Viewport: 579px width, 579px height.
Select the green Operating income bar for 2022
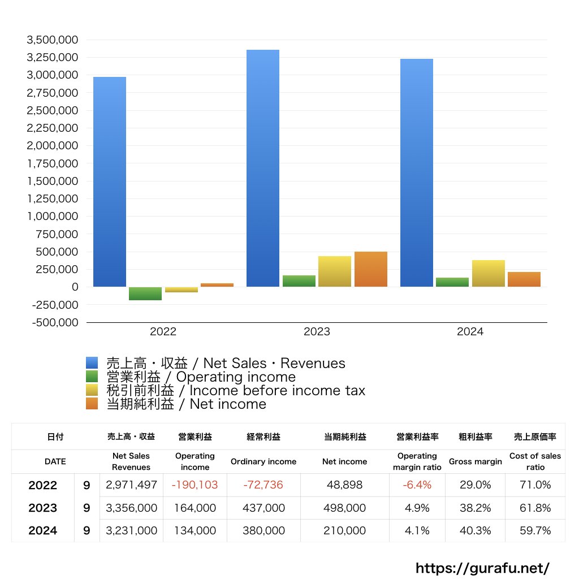click(x=145, y=293)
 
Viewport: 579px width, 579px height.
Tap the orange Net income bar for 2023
click(x=371, y=269)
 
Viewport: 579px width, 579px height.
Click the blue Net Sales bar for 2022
click(x=110, y=182)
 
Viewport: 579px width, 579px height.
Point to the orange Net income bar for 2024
click(x=524, y=279)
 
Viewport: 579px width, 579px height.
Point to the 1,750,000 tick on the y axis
click(x=52, y=163)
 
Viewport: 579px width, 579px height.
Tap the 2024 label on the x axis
click(x=470, y=332)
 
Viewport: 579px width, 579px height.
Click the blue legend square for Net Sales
click(x=92, y=363)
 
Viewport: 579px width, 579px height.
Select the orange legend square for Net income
click(x=92, y=404)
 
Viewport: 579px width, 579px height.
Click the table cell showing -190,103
click(x=195, y=485)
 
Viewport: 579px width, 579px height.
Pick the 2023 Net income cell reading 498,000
click(x=344, y=508)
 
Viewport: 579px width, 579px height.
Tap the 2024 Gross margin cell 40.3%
click(x=475, y=530)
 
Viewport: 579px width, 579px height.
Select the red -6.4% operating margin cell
click(x=417, y=485)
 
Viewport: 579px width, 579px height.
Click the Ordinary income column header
click(x=263, y=461)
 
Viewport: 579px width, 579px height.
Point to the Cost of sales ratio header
click(x=535, y=461)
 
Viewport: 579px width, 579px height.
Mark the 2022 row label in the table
click(x=43, y=485)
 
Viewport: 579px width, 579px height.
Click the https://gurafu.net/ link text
click(x=482, y=568)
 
